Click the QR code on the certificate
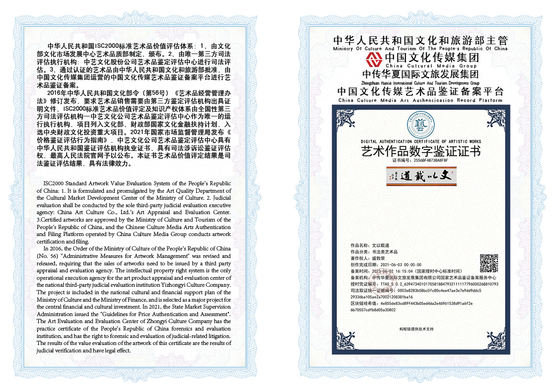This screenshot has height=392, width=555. [489, 264]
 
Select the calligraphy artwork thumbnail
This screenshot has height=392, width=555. [421, 176]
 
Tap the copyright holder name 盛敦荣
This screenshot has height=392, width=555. [378, 258]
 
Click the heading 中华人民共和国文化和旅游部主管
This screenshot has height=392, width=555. [420, 41]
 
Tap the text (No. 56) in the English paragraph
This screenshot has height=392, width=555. [46, 256]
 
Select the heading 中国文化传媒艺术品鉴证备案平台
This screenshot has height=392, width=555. [420, 91]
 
